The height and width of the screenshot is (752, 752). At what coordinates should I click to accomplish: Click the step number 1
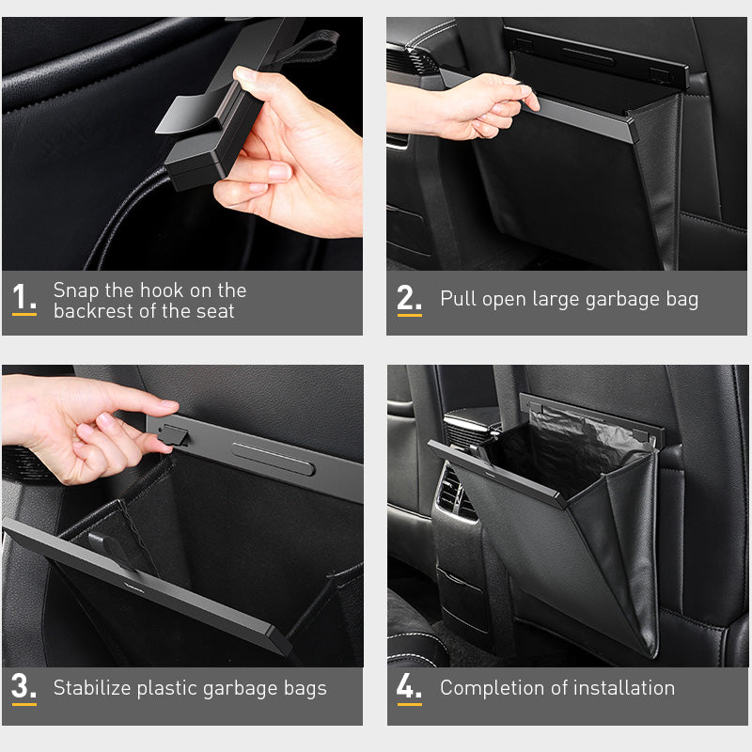(x=23, y=298)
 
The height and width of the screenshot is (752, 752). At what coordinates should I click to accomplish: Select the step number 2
(x=409, y=298)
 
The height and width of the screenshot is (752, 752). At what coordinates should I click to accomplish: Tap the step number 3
(x=23, y=686)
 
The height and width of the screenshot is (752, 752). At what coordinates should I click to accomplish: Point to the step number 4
(x=409, y=686)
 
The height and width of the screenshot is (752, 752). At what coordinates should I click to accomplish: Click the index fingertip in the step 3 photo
(x=170, y=407)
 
